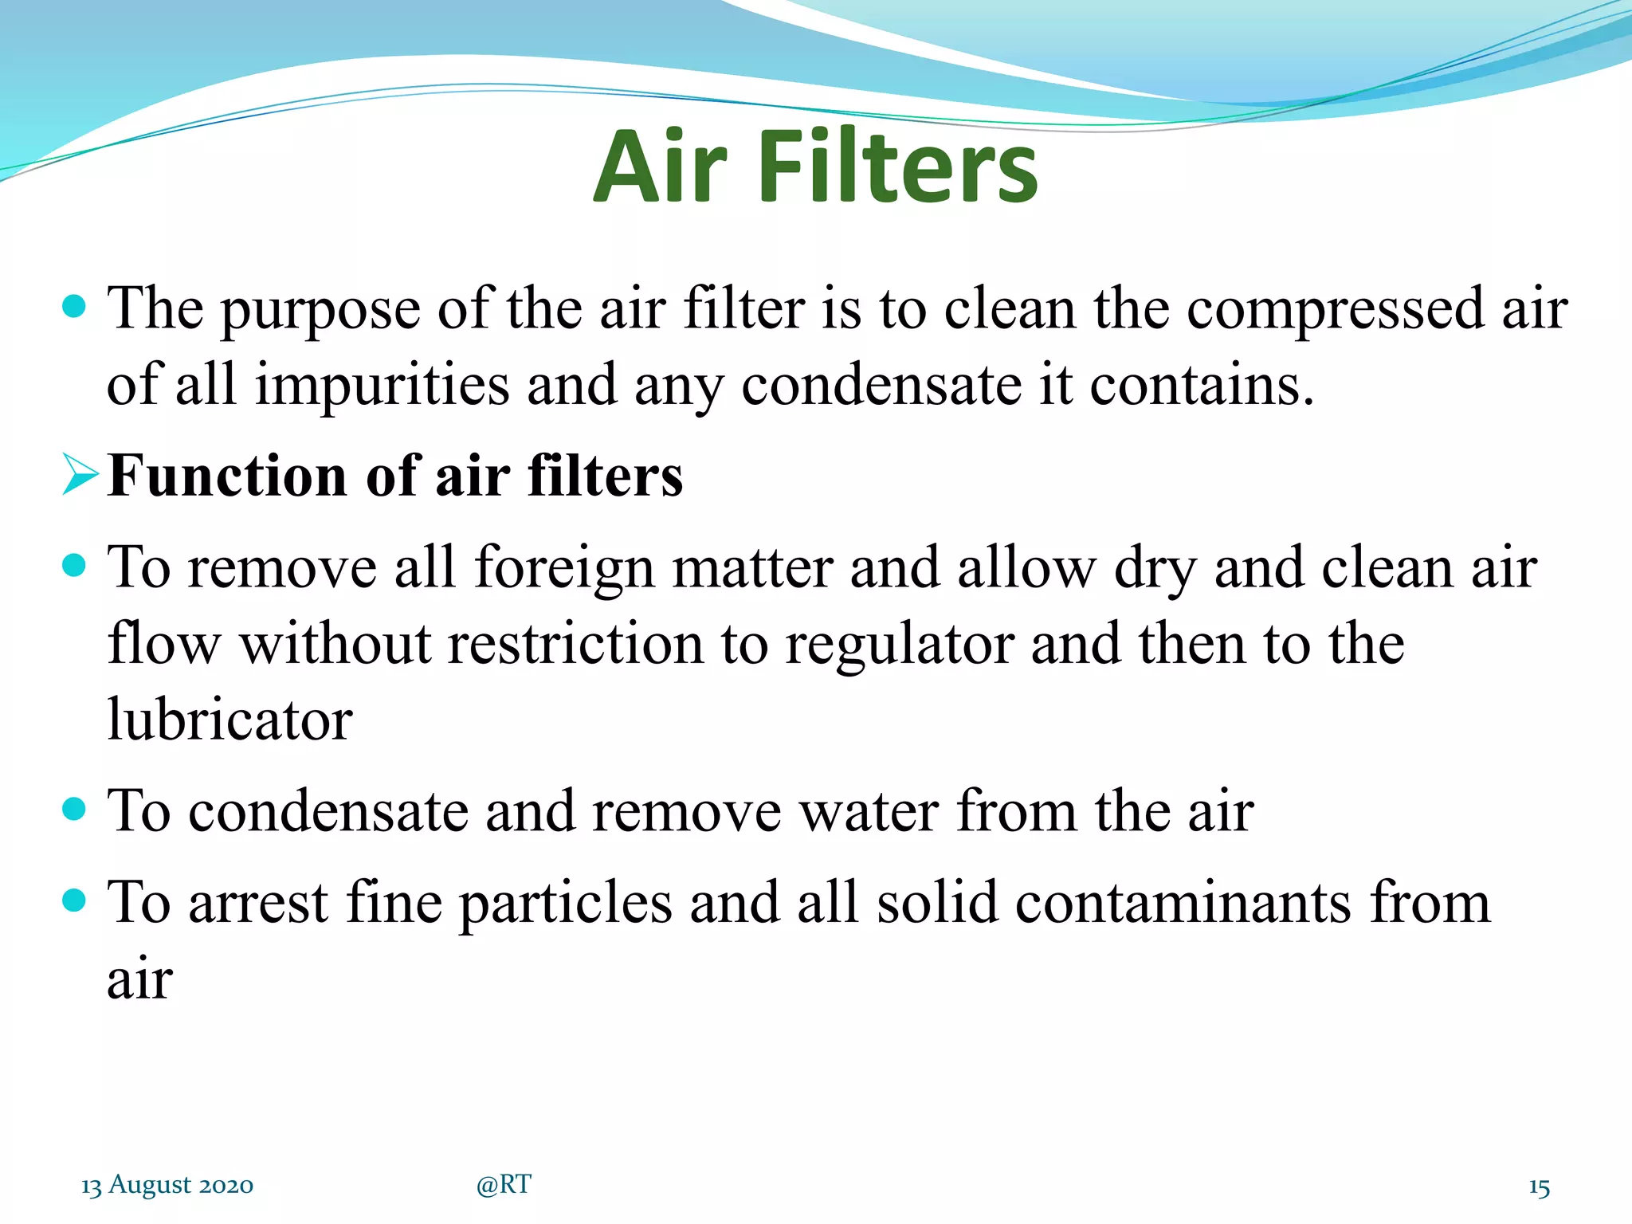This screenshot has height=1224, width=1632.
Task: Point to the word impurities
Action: coord(382,386)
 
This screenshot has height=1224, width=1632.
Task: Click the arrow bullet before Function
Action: coord(80,475)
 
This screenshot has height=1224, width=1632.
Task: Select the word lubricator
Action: coord(229,720)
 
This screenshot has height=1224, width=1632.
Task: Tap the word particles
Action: coord(567,904)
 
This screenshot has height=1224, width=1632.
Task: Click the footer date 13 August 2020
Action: coord(167,1185)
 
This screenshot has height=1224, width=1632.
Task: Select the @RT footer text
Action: coord(504,1185)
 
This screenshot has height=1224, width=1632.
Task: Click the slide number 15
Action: coord(1539,1187)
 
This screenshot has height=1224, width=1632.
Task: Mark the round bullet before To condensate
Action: coord(73,810)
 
